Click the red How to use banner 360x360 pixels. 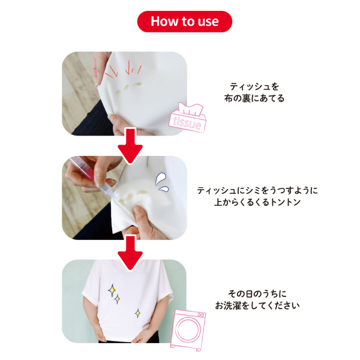[185, 22]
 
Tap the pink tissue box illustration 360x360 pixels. [187, 118]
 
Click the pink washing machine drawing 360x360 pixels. [188, 329]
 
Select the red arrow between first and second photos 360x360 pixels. [130, 146]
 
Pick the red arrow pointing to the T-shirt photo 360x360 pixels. [130, 253]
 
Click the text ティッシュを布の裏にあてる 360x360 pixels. [254, 92]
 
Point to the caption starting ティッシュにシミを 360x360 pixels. [257, 196]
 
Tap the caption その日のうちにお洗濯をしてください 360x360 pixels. [257, 299]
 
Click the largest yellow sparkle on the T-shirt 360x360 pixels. [112, 290]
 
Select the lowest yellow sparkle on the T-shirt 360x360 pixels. [138, 313]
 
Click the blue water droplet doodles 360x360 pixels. [162, 182]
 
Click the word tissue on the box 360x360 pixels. [187, 123]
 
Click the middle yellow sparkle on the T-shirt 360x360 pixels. [118, 299]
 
